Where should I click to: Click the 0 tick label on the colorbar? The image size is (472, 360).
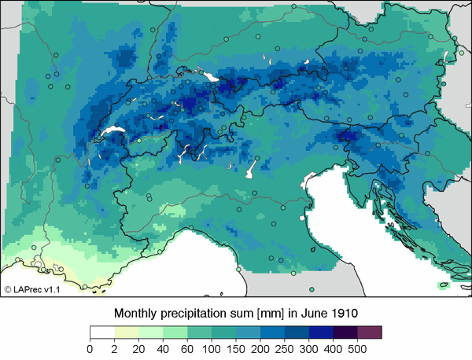coord(90,348)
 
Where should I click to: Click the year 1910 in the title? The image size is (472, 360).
coord(345,313)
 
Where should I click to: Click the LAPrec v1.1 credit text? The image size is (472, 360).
coord(32,290)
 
